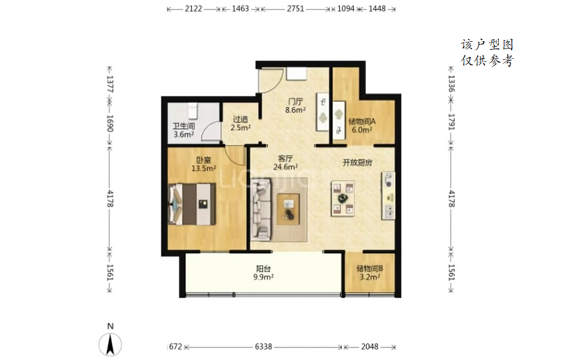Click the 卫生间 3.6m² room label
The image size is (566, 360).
tap(183, 130)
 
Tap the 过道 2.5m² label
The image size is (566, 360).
tap(240, 123)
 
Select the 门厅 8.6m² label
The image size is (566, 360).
tap(295, 105)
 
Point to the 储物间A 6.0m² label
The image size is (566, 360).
tap(362, 126)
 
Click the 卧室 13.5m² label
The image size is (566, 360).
tap(204, 164)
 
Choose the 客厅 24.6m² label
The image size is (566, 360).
tap(286, 163)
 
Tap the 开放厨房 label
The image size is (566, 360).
tap(357, 163)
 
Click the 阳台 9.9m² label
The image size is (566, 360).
tap(263, 273)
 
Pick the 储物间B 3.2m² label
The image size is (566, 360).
tap(369, 273)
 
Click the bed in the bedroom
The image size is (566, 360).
tap(192, 204)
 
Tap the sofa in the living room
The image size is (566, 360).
tap(261, 209)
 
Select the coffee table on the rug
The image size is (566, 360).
tap(289, 209)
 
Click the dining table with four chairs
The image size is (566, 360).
tap(342, 199)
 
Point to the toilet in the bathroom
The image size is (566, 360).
tap(192, 110)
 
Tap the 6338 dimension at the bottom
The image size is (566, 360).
tap(264, 347)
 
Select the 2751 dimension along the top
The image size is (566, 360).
tap(295, 8)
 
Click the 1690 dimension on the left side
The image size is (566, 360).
tap(110, 124)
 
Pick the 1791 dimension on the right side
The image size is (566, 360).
tap(451, 121)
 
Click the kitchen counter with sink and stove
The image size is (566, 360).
tap(388, 196)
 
